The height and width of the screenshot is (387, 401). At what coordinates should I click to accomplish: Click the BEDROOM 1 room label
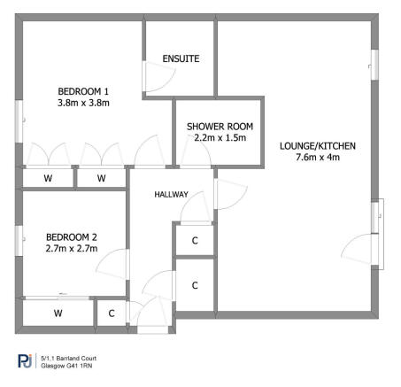pos(83,90)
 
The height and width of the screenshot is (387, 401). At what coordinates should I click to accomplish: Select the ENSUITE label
pos(180,58)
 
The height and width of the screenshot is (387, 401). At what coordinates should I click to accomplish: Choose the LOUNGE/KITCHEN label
pos(309,145)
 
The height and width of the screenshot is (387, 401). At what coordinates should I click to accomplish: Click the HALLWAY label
pos(171,194)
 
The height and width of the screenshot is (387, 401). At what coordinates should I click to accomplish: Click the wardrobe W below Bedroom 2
pos(58,313)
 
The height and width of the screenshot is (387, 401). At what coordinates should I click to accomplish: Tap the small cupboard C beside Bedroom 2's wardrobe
pos(111,313)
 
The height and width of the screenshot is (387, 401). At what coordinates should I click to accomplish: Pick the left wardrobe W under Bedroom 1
pos(47,178)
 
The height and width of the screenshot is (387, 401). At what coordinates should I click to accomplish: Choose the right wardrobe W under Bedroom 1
pos(101,178)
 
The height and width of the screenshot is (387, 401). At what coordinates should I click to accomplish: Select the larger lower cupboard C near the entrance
pos(195,284)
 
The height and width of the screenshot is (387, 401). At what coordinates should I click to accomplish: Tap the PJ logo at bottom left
pos(24,360)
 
